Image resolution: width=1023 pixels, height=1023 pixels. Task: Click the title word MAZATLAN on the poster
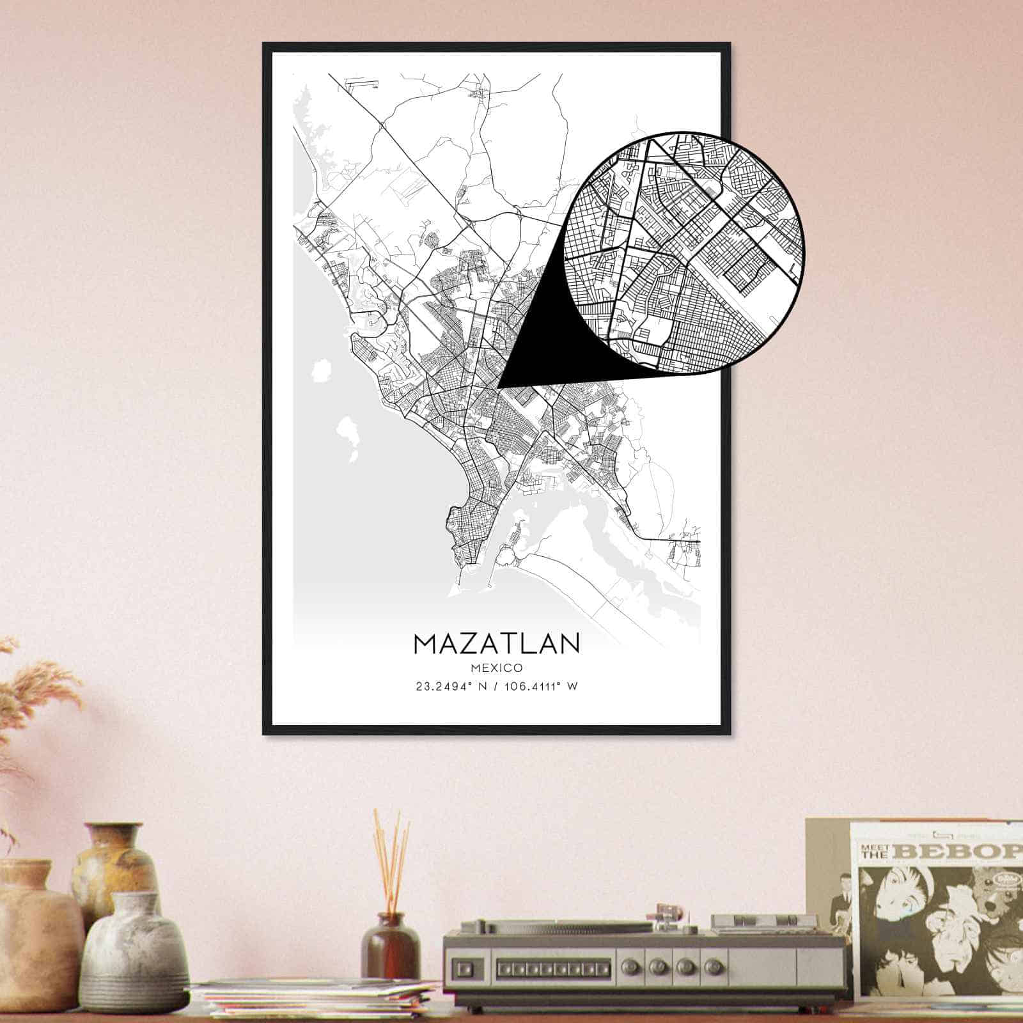[x=496, y=643]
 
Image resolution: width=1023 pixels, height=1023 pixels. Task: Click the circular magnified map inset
[x=684, y=251]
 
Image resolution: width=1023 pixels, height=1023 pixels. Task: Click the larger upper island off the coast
[x=320, y=373]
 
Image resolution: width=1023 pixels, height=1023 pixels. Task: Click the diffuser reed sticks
[x=391, y=857]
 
